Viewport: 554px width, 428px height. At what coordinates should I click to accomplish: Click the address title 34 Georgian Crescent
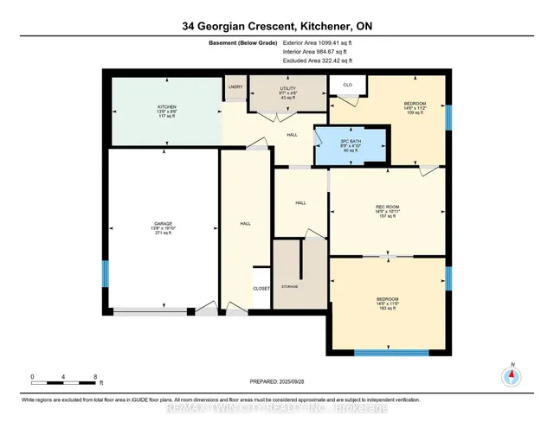click(x=276, y=27)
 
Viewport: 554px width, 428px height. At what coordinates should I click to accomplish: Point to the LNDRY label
click(x=235, y=87)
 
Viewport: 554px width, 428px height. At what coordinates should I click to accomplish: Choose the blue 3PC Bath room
click(x=351, y=145)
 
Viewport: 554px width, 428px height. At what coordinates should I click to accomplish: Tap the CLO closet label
click(x=346, y=84)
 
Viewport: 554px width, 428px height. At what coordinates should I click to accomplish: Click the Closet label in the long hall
click(x=261, y=289)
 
